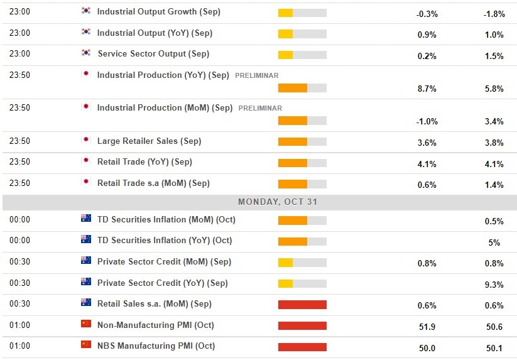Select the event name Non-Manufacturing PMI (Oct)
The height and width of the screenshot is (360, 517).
coord(155,325)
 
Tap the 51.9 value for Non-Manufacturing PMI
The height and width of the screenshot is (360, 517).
coord(427,327)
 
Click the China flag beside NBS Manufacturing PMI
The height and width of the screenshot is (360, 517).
coord(86,345)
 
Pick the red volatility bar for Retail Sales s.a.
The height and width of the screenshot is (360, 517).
coord(302,305)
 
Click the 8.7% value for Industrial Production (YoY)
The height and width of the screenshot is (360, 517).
coord(427,89)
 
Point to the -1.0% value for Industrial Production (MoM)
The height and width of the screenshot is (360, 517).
coord(427,122)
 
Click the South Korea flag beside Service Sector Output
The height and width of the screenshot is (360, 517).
coord(86,53)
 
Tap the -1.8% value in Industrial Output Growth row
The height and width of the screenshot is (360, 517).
coord(494,14)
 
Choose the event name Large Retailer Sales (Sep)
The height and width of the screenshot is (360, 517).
coord(149,141)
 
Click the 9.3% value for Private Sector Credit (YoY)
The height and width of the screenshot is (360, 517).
coord(494,285)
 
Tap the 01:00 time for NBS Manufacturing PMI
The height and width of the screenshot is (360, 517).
coord(19,346)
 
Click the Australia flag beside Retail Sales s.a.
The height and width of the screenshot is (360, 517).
coord(86,303)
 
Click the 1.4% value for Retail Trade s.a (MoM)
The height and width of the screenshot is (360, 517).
coord(494,185)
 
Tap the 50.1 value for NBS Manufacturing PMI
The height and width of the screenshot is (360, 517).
coord(494,348)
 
